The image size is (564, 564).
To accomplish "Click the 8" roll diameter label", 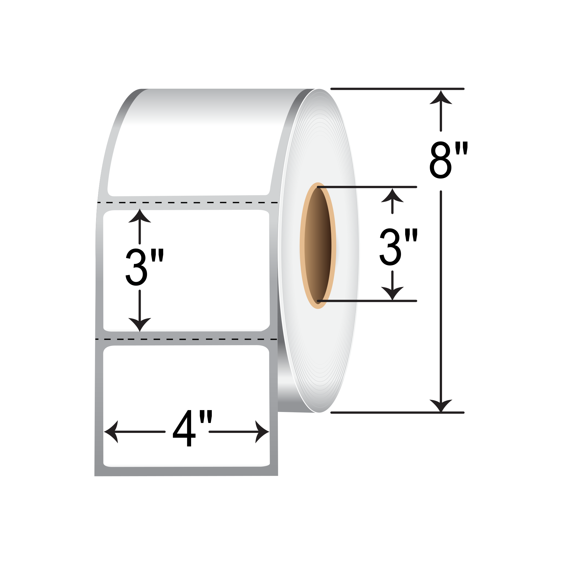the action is (x=449, y=160).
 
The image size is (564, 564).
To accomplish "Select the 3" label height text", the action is (x=145, y=267).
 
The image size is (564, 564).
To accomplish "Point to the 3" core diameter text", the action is (x=399, y=247).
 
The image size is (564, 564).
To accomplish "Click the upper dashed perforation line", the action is (x=188, y=203).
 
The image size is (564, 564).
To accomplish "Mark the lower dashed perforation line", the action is (x=186, y=339).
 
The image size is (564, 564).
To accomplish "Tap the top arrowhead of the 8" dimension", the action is (x=441, y=97).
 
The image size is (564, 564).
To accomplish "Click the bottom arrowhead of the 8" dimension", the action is (x=441, y=405).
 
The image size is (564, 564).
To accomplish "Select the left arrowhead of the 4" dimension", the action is (x=111, y=432).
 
